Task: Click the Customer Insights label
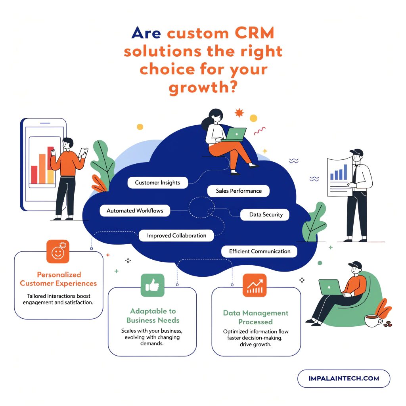pyautogui.click(x=157, y=183)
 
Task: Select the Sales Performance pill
pyautogui.click(x=239, y=191)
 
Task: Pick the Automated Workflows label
pyautogui.click(x=135, y=211)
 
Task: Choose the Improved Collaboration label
pyautogui.click(x=176, y=236)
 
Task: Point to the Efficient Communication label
pyautogui.click(x=259, y=251)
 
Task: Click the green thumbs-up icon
pyautogui.click(x=152, y=285)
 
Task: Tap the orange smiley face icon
pyautogui.click(x=57, y=251)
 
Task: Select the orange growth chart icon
pyautogui.click(x=255, y=285)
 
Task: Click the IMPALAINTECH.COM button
pyautogui.click(x=343, y=378)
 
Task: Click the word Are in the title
pyautogui.click(x=147, y=33)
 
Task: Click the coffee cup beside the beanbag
pyautogui.click(x=372, y=320)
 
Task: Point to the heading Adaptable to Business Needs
pyautogui.click(x=153, y=316)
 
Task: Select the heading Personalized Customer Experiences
pyautogui.click(x=58, y=279)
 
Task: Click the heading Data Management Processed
pyautogui.click(x=255, y=317)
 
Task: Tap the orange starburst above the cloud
pyautogui.click(x=239, y=113)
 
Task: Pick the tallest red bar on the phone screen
pyautogui.click(x=50, y=158)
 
